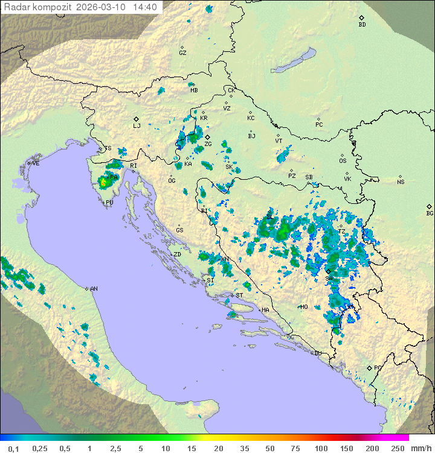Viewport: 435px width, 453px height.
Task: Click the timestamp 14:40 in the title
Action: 145,7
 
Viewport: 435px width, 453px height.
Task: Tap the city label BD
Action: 362,25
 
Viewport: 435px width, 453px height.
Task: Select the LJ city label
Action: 137,125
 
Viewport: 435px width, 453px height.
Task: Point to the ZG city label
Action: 208,144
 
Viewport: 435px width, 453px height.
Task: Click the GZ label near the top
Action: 182,53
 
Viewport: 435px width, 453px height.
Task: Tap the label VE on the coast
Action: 36,163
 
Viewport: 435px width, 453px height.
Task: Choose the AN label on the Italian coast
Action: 94,289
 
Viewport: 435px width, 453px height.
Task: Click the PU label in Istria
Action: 109,203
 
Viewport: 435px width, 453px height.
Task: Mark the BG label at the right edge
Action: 430,213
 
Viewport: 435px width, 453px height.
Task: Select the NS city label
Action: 401,182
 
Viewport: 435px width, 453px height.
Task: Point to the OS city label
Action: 343,161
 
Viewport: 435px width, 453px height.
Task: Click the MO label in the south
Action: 304,307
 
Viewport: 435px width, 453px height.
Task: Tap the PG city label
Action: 378,367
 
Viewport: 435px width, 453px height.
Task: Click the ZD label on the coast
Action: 177,255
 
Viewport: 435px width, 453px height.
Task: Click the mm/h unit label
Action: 420,448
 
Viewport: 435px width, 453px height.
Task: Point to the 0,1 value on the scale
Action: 13,448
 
